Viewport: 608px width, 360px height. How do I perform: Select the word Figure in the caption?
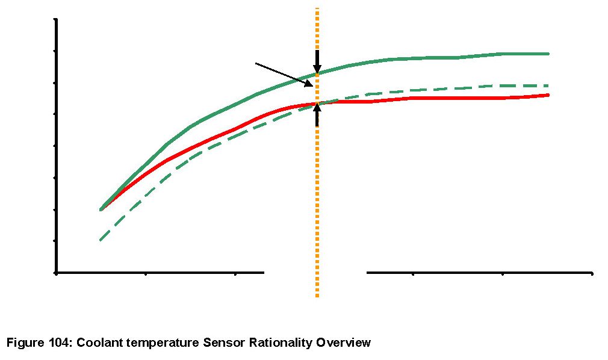24,343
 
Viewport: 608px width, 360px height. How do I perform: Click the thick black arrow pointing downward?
317,61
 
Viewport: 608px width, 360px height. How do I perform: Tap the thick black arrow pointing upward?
317,114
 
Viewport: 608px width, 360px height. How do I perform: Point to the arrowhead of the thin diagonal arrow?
312,85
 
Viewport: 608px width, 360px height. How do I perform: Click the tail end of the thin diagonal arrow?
256,63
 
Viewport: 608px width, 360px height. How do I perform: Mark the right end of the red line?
548,95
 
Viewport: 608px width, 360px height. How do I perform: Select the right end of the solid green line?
548,54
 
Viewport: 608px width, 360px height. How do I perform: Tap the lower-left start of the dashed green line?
100,241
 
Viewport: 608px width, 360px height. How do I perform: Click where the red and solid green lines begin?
101,209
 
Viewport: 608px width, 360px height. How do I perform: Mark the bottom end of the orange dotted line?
317,296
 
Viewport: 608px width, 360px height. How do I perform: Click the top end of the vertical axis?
56,19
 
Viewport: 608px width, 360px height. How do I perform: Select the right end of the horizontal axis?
592,273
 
